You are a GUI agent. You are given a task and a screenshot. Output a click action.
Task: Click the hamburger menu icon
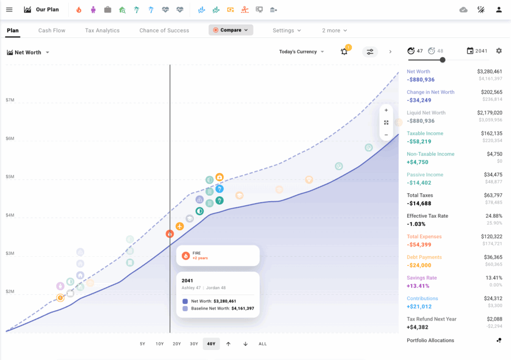point(9,9)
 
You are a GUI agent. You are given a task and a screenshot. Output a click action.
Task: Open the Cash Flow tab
point(52,30)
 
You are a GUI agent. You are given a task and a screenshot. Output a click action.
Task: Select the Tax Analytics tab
point(102,30)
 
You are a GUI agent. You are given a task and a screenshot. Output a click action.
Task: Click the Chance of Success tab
point(164,30)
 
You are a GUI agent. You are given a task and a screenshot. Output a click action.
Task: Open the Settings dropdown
point(287,30)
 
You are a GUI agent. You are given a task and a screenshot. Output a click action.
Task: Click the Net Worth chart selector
point(28,52)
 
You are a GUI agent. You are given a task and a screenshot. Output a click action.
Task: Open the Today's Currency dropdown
point(301,52)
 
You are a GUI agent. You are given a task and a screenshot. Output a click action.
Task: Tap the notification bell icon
point(344,52)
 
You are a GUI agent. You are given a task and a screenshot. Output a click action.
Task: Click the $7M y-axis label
point(10,100)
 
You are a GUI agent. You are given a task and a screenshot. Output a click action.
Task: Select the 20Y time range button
point(177,344)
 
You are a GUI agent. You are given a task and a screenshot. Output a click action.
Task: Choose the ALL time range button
point(262,344)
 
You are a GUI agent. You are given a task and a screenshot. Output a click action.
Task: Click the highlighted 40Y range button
point(211,344)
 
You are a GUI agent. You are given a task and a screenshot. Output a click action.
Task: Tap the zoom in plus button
point(386,110)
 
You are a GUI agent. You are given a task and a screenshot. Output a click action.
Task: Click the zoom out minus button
point(386,135)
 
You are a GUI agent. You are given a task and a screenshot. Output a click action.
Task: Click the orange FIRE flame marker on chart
point(170,234)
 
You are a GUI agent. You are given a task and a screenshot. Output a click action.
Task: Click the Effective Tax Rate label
point(427,216)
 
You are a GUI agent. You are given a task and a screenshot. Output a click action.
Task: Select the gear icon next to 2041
point(499,51)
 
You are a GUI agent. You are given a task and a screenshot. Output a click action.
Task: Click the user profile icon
point(499,9)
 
